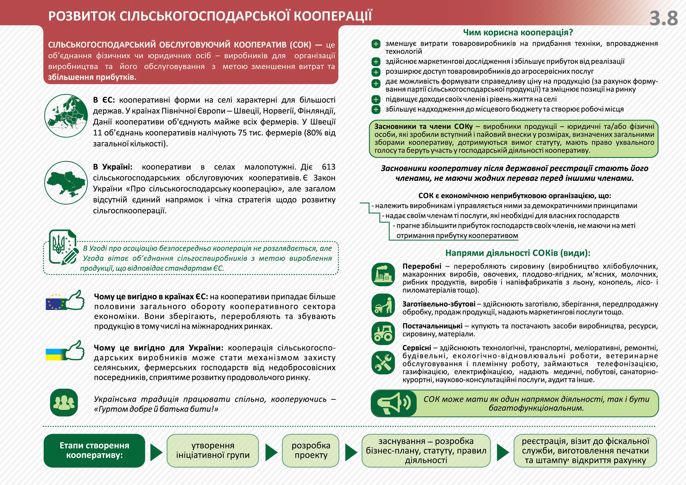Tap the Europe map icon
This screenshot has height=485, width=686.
pyautogui.click(x=66, y=116)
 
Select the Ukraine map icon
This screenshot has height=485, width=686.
pyautogui.click(x=66, y=182)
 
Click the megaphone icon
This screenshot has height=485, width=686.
pyautogui.click(x=394, y=403)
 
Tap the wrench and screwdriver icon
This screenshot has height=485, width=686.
pyautogui.click(x=383, y=362)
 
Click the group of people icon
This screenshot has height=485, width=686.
pyautogui.click(x=64, y=402)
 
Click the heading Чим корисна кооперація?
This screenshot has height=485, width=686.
pyautogui.click(x=518, y=32)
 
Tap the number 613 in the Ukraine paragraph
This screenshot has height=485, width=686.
pyautogui.click(x=328, y=167)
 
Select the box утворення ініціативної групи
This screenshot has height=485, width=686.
pyautogui.click(x=212, y=450)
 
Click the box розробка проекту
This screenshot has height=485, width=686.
pyautogui.click(x=311, y=450)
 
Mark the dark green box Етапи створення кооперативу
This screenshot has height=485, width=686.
pyautogui.click(x=94, y=450)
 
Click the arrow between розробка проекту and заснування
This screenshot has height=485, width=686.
pyautogui.click(x=351, y=452)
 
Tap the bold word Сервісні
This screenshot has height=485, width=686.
pyautogui.click(x=416, y=348)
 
